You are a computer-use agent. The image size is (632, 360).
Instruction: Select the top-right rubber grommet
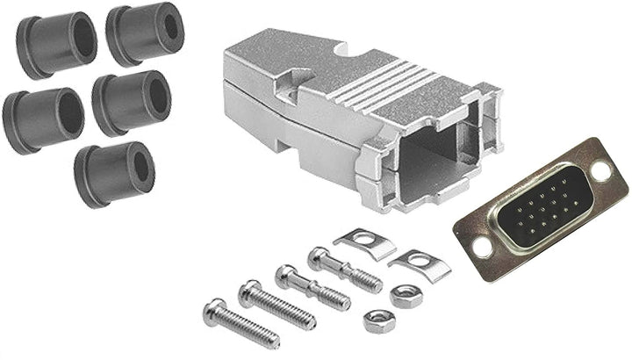tap(145, 32)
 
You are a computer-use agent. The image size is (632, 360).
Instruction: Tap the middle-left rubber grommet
tap(42, 119)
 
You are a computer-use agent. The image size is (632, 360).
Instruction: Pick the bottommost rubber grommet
tap(114, 174)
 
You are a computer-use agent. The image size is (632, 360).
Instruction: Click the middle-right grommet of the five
tap(132, 102)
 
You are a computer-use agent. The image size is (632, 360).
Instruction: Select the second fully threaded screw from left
tap(276, 303)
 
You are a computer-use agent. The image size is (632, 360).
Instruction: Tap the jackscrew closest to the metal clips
tap(344, 269)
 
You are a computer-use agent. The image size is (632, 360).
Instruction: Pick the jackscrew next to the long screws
tap(312, 288)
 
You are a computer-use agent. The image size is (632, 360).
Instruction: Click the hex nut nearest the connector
tap(406, 296)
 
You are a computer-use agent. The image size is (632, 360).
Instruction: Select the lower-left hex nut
tap(378, 320)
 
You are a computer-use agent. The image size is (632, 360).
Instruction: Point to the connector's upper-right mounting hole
tap(602, 170)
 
